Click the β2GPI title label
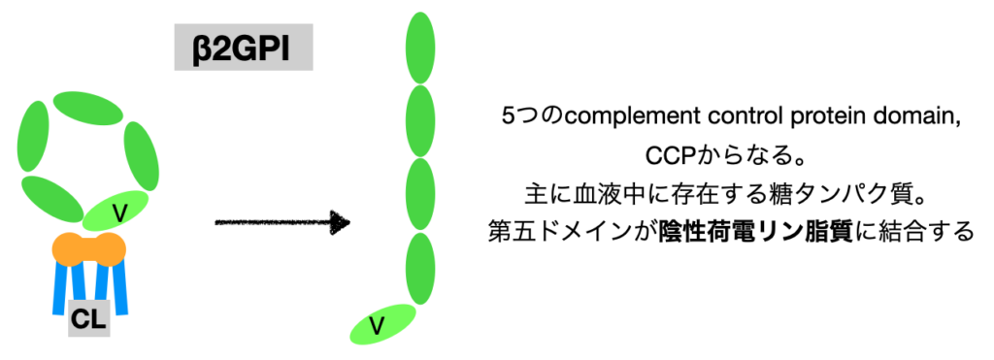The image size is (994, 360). click(244, 47)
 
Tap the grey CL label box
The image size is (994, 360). click(88, 318)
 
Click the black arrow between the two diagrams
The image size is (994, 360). click(282, 223)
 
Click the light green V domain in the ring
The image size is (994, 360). click(116, 212)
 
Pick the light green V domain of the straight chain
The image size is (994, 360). click(382, 324)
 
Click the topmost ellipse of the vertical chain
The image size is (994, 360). click(419, 48)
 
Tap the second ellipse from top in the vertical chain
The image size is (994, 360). click(419, 120)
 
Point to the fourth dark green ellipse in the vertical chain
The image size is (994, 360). click(419, 269)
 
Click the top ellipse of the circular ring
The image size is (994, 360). click(88, 109)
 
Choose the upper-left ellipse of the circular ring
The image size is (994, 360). click(35, 136)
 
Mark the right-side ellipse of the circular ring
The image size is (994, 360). click(142, 156)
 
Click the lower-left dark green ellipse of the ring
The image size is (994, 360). click(52, 199)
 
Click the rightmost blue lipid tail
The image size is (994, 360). click(119, 288)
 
